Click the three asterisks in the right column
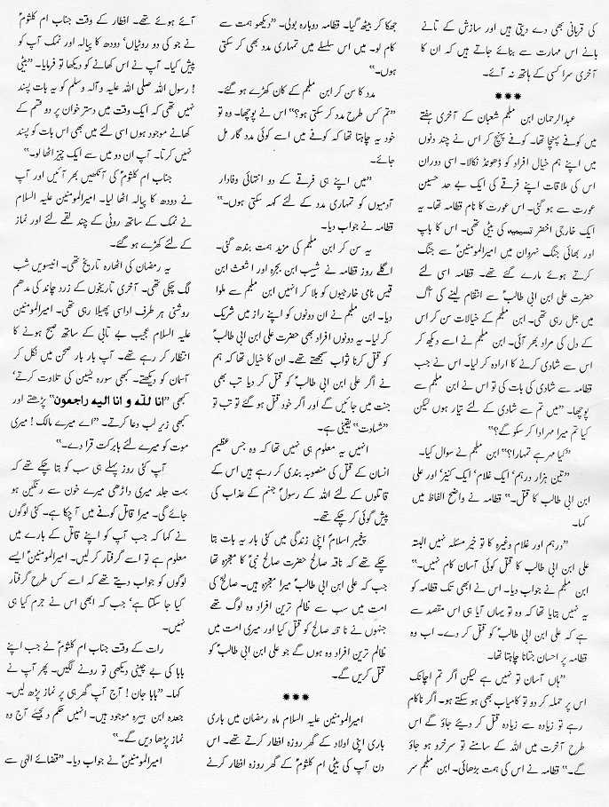click(x=508, y=94)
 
